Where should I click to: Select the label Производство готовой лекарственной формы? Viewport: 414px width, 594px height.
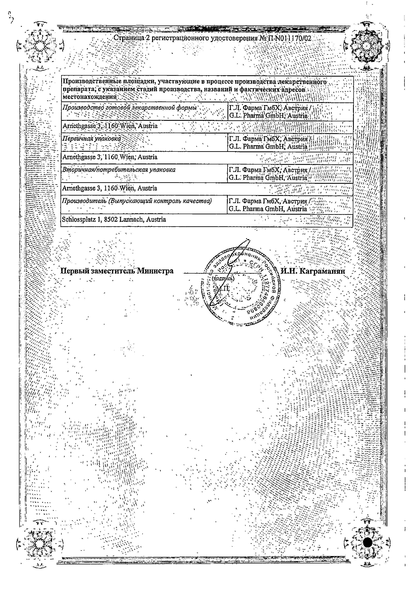click(x=129, y=108)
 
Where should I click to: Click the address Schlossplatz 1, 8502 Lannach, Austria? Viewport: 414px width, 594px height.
click(x=114, y=219)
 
